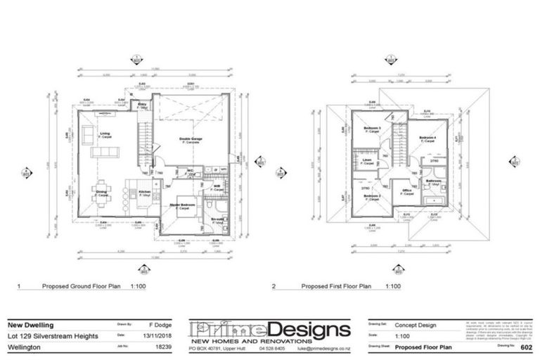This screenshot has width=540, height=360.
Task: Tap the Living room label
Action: (x=105, y=134)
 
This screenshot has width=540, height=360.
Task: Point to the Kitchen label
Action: (x=144, y=192)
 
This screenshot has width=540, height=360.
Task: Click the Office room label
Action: (x=406, y=190)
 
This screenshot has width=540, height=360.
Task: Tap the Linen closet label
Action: (x=367, y=160)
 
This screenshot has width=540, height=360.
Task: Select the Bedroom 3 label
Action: (x=372, y=128)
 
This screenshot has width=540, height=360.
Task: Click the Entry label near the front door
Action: (x=141, y=104)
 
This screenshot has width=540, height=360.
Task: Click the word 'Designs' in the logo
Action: (x=309, y=330)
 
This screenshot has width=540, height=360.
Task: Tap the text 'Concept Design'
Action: (x=416, y=326)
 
